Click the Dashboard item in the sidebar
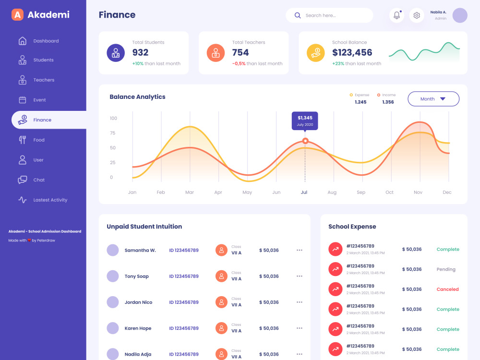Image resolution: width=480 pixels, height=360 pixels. pos(38,41)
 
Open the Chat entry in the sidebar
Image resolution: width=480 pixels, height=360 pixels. pos(31,180)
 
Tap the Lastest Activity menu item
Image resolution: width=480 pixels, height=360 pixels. pos(43,200)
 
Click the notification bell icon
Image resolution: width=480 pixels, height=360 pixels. pos(397,15)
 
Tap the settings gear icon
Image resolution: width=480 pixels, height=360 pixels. pos(417,15)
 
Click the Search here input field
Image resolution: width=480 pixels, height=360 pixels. pos(329,15)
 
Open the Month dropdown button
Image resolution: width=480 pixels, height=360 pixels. pos(433,99)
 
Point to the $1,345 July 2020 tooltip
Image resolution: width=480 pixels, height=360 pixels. pos(305,121)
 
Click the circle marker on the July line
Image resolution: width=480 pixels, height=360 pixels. pos(305,141)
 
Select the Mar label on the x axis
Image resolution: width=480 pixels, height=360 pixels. pos(190,192)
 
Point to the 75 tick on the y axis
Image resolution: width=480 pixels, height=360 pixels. pos(113,133)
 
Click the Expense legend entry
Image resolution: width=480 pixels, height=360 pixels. pos(360,98)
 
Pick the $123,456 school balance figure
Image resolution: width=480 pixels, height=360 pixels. pos(352,53)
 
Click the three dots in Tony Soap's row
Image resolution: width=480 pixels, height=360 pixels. pos(300,276)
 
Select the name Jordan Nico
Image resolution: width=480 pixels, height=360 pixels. pos(138,302)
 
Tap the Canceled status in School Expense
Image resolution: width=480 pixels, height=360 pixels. pos(447,289)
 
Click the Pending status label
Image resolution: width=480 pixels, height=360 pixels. pos(446,269)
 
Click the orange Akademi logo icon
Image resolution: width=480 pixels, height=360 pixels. pos(17,15)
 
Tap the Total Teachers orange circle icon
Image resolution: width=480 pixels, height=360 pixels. pos(216,53)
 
